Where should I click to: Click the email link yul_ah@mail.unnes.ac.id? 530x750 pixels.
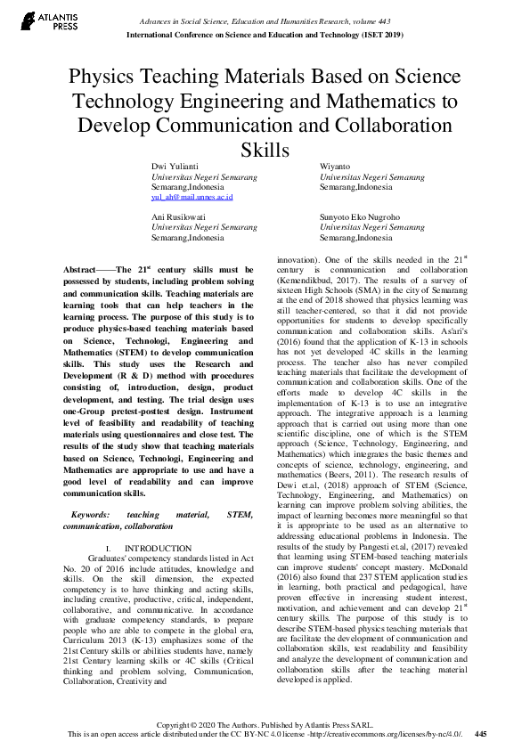192,197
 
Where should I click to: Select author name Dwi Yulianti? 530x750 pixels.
172,167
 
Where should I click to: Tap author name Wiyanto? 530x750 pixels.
335,167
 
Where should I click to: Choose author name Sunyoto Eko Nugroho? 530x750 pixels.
360,216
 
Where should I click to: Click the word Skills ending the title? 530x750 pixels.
265,148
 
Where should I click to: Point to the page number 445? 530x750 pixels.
480,734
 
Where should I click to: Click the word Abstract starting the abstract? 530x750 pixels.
86,269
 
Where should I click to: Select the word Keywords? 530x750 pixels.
92,514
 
